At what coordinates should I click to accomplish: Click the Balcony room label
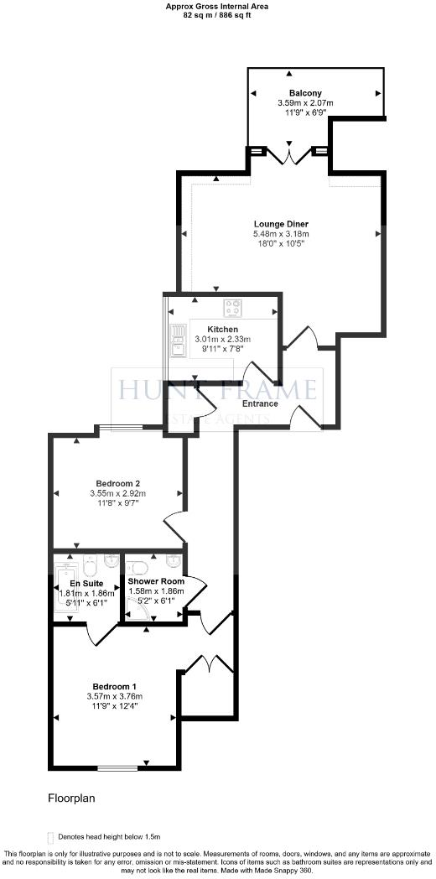click(305, 93)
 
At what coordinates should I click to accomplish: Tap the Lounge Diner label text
click(282, 224)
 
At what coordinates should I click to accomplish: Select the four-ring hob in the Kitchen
click(232, 306)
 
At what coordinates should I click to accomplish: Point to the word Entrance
click(260, 403)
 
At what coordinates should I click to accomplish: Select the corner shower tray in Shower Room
click(137, 614)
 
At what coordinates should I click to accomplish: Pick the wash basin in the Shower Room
click(173, 559)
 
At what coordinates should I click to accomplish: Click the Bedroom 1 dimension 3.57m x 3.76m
click(115, 695)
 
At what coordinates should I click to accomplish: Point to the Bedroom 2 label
click(117, 483)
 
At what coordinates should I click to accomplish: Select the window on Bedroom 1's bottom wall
click(117, 767)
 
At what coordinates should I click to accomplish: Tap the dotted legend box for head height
click(51, 835)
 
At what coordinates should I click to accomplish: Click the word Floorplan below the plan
click(71, 798)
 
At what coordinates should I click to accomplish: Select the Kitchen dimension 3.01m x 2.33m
click(223, 339)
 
